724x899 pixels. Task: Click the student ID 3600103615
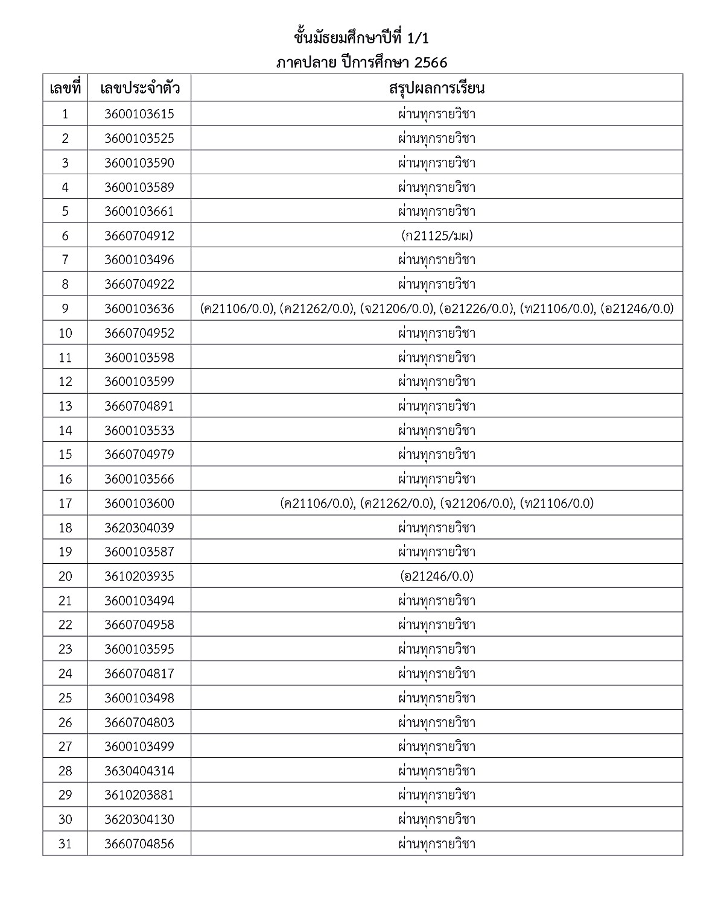[139, 114]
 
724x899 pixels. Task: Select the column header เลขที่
[65, 89]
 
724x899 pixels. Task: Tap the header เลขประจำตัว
[139, 89]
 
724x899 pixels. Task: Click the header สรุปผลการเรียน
[437, 89]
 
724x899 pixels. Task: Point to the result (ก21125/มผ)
[437, 236]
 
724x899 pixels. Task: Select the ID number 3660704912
[139, 236]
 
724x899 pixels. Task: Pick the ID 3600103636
[139, 309]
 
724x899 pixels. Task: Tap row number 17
[65, 503]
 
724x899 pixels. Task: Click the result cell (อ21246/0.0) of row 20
[437, 576]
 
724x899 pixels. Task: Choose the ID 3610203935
[139, 576]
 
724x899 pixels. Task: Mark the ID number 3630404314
[139, 771]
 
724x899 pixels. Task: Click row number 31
[65, 844]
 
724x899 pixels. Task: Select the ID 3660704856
[139, 844]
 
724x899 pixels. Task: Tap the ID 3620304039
[139, 528]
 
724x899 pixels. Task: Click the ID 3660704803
[139, 722]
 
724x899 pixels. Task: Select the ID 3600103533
[139, 431]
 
